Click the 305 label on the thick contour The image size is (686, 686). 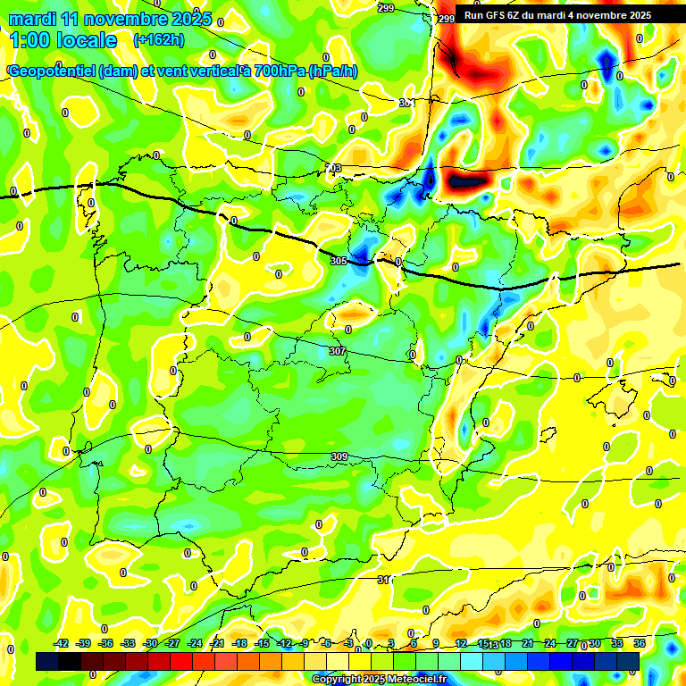pyautogui.click(x=338, y=261)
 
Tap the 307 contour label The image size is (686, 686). pyautogui.click(x=337, y=352)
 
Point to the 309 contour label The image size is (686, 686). pyautogui.click(x=339, y=457)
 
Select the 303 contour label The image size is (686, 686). pyautogui.click(x=332, y=168)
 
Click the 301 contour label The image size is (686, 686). pyautogui.click(x=406, y=103)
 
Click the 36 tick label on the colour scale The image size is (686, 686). pyautogui.click(x=640, y=643)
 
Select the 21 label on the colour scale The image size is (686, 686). pyautogui.click(x=527, y=643)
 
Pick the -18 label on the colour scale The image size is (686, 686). pyautogui.click(x=239, y=643)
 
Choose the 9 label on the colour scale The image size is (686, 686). pyautogui.click(x=436, y=643)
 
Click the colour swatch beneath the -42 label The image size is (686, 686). pyautogui.click(x=47, y=661)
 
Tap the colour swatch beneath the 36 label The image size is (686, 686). pyautogui.click(x=628, y=661)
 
